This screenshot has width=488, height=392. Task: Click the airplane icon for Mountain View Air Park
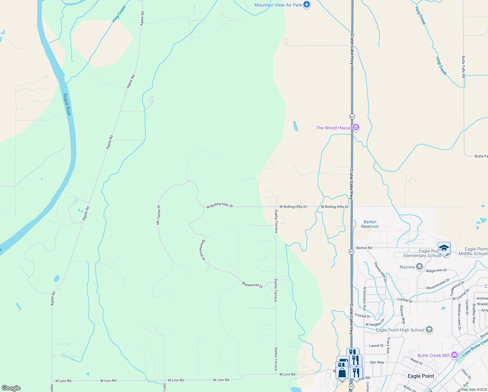tap(306, 5)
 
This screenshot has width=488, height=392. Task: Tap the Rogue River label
tap(67, 104)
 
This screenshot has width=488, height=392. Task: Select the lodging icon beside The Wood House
tap(356, 128)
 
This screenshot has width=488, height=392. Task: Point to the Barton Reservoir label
tap(370, 224)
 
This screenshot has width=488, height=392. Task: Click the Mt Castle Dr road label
tap(158, 215)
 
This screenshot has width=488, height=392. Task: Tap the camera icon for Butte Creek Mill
tap(454, 355)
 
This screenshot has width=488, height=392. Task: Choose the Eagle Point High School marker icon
tap(429, 330)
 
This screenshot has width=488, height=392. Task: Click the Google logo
tap(11, 388)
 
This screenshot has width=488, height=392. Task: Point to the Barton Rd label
tap(364, 248)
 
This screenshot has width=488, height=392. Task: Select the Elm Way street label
tap(377, 362)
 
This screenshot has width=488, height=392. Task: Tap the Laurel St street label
tap(376, 346)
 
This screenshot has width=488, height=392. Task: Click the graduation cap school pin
tap(444, 249)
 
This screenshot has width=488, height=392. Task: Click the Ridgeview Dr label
tap(436, 270)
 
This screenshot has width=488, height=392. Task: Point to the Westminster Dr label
tap(438, 284)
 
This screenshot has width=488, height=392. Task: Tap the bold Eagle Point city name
tap(421, 376)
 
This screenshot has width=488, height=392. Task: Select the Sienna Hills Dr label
tap(380, 271)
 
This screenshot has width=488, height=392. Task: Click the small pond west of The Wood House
tap(295, 126)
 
